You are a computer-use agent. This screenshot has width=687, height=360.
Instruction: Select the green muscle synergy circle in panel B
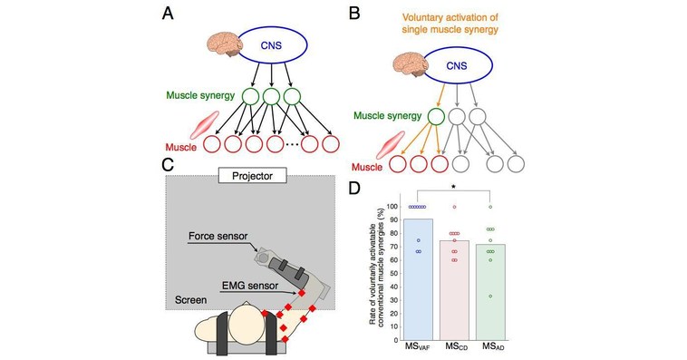(436, 118)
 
